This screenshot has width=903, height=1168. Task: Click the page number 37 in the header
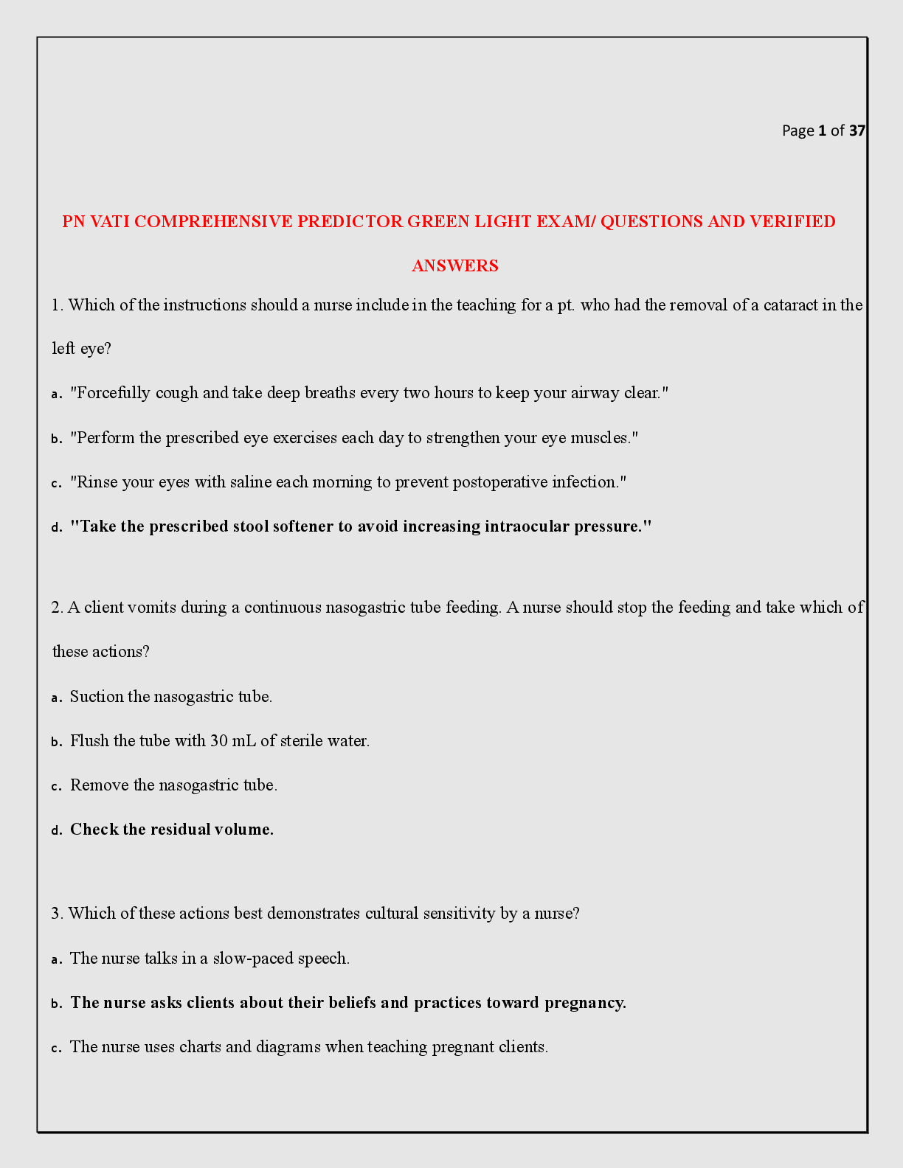[857, 131]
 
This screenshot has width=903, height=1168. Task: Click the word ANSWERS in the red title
[455, 266]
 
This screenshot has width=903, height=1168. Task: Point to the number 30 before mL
[219, 741]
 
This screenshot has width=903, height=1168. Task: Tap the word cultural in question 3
[391, 914]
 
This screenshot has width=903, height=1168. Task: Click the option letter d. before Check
[56, 830]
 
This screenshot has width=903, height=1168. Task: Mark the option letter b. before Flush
[56, 742]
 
